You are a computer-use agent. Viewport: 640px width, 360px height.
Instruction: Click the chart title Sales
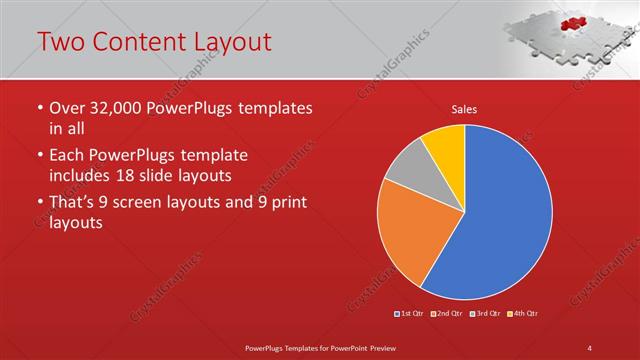tap(463, 109)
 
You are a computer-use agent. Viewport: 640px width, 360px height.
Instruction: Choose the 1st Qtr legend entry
tap(410, 314)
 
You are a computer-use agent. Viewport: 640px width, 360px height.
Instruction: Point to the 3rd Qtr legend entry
tap(487, 314)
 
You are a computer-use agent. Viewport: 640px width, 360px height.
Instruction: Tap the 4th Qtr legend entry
tap(525, 314)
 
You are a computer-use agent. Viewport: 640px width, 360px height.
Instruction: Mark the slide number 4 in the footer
tap(590, 346)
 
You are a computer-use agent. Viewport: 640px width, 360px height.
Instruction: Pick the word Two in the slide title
tap(59, 41)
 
